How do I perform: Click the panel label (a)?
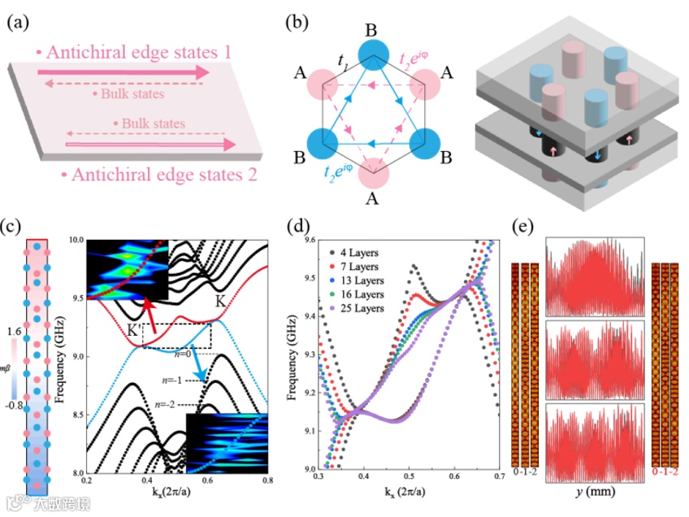tap(19, 23)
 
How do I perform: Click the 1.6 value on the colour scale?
tap(14, 332)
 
